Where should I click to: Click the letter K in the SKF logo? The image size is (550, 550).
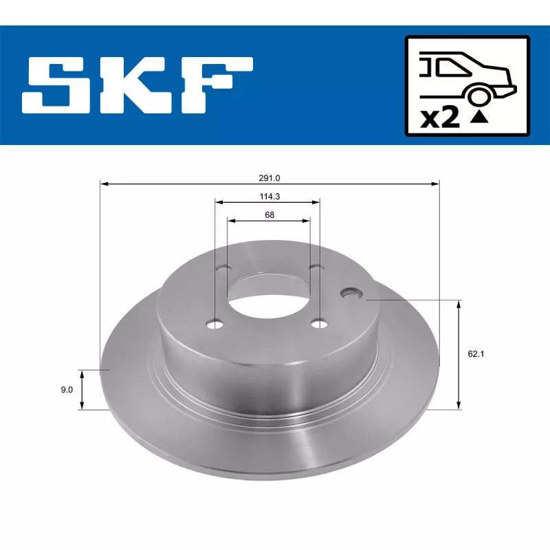click(136, 86)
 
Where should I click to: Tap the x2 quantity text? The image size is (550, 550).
click(439, 118)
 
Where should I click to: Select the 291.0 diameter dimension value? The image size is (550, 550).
click(269, 177)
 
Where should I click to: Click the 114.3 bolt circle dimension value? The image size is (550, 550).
click(268, 196)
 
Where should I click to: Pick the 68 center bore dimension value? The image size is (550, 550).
click(269, 215)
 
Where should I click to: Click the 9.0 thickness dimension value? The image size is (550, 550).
click(67, 390)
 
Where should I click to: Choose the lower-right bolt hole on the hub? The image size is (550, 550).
click(318, 323)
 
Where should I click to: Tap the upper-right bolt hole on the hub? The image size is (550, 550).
click(315, 267)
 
